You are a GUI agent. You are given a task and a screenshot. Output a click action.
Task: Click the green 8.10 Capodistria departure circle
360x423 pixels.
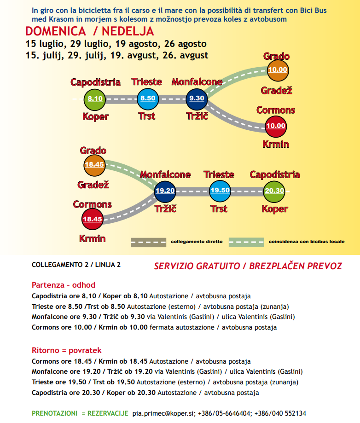click(95, 99)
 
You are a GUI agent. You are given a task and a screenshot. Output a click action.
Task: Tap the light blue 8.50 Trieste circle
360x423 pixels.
click(148, 99)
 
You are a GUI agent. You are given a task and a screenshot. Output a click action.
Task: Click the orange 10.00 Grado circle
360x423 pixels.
click(277, 70)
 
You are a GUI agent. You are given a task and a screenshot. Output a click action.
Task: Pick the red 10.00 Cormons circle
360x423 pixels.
click(276, 126)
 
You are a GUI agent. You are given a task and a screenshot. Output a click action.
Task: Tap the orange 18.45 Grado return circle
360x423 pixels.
click(94, 164)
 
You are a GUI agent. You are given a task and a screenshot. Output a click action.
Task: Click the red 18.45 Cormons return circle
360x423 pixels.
click(92, 219)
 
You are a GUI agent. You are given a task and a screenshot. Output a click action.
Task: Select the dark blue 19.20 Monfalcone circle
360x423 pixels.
click(164, 191)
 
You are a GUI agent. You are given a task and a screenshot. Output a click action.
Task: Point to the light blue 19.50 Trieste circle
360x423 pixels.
click(220, 190)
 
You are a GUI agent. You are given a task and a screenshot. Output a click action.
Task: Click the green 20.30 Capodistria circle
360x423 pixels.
click(274, 191)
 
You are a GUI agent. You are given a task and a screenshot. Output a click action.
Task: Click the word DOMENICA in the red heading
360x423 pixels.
click(55, 31)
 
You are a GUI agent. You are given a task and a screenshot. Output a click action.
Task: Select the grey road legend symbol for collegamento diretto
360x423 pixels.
click(148, 242)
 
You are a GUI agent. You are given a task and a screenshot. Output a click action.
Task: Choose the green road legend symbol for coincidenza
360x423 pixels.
click(246, 242)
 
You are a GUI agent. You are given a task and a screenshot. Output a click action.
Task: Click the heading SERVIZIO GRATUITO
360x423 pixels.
click(197, 266)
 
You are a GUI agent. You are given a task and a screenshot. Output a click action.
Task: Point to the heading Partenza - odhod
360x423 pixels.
click(63, 285)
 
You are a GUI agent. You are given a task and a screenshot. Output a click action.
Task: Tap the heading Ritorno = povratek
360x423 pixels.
click(66, 350)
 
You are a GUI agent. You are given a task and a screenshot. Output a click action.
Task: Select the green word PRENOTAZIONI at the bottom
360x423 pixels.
click(54, 413)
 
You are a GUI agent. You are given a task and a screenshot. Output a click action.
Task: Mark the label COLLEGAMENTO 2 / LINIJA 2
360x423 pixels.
click(76, 265)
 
